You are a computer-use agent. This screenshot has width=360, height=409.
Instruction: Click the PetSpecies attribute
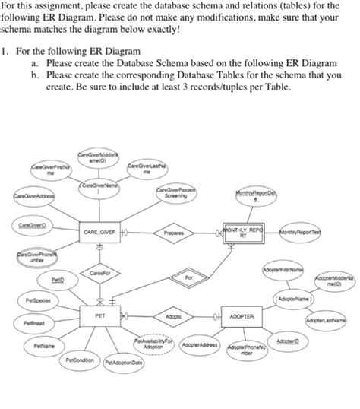(36, 301)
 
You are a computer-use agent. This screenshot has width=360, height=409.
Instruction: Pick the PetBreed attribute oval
(33, 323)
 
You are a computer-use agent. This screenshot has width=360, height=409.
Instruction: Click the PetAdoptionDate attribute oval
(125, 363)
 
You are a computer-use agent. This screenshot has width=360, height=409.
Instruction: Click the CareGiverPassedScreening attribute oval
(175, 192)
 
